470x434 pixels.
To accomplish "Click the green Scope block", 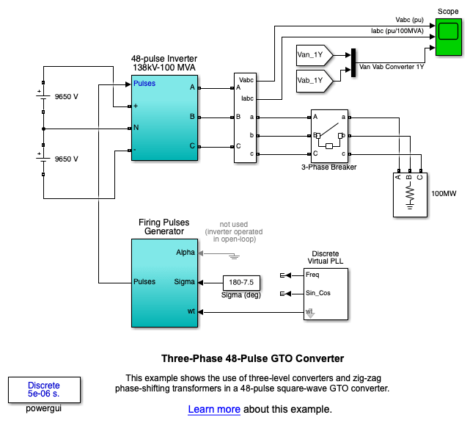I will click(448, 37).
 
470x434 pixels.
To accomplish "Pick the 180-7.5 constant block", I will click(241, 282).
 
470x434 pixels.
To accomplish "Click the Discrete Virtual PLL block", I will click(326, 294).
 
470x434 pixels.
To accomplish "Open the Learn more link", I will click(214, 409).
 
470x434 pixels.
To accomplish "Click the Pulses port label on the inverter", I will click(144, 84).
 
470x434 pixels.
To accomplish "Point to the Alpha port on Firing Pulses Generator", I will click(186, 252).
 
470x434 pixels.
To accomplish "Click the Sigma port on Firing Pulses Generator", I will click(185, 281).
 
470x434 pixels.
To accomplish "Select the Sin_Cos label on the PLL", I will click(318, 294).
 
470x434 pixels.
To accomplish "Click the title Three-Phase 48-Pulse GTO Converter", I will click(252, 359).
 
